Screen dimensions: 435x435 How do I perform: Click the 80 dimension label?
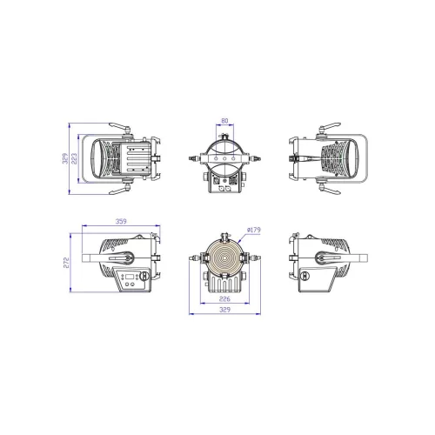pyautogui.click(x=226, y=122)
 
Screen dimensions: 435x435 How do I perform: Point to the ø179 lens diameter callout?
pyautogui.click(x=255, y=230)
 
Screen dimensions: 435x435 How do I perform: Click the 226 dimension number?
pyautogui.click(x=226, y=298)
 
